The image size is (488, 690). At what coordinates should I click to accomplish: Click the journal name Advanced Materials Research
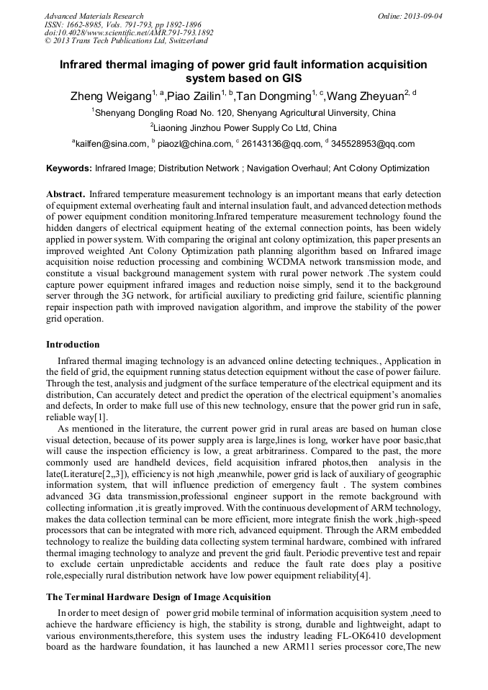[x=94, y=16]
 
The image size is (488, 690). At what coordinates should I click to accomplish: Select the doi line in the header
[x=128, y=32]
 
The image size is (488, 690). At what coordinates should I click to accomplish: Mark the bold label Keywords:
[x=68, y=169]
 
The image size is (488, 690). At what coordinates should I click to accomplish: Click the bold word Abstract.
[x=65, y=194]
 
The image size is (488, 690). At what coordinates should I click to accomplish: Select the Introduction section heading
[x=73, y=345]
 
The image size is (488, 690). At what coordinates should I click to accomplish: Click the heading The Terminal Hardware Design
[x=158, y=597]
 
